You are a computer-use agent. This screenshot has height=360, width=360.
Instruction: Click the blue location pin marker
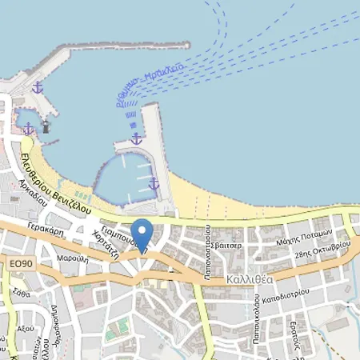[x=142, y=233]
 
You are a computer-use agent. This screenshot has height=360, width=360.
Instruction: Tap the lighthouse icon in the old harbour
[x=46, y=126]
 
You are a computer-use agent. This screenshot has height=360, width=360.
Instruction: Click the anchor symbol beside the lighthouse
[x=28, y=128]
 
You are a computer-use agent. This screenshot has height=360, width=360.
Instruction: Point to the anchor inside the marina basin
[x=154, y=184]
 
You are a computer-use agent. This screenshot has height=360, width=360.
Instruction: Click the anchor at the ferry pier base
[x=136, y=138]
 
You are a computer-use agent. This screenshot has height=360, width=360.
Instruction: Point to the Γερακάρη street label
[x=50, y=228]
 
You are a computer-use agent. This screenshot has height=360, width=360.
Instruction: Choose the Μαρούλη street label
[x=72, y=259]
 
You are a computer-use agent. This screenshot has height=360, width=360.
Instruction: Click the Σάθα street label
[x=12, y=294]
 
